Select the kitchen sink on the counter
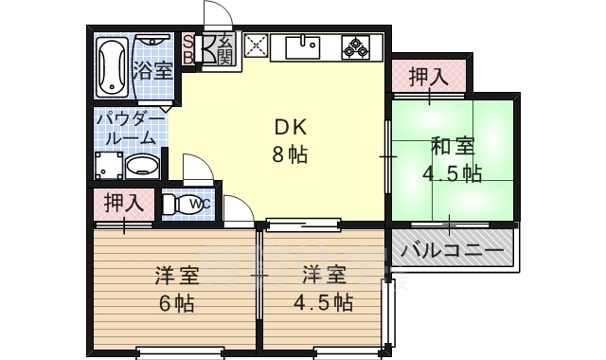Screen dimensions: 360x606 [x=306, y=45]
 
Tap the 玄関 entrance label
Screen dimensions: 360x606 [x=224, y=47]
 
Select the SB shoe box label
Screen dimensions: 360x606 [x=187, y=47]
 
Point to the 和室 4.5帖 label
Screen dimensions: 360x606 [x=453, y=160]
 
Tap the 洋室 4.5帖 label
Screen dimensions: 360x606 [x=327, y=289]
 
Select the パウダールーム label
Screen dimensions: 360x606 [x=123, y=130]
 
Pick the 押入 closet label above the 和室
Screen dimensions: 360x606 [x=428, y=77]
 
